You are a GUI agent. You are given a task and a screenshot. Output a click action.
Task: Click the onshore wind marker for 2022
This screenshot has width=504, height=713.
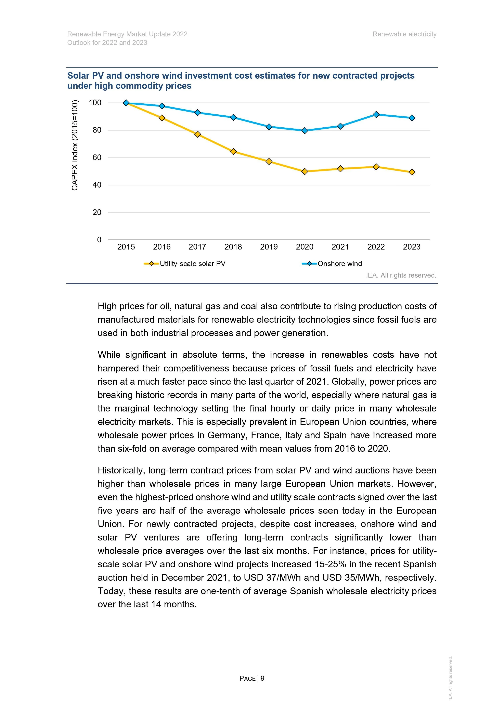pyautogui.click(x=376, y=115)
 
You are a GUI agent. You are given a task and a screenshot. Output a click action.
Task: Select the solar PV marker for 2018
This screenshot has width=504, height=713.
pyautogui.click(x=233, y=152)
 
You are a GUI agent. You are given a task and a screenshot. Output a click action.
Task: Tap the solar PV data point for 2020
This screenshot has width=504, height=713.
pyautogui.click(x=305, y=171)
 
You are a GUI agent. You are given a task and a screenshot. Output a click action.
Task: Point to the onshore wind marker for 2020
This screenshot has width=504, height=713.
pyautogui.click(x=305, y=131)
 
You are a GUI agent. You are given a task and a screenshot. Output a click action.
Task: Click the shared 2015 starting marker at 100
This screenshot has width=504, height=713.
pyautogui.click(x=126, y=103)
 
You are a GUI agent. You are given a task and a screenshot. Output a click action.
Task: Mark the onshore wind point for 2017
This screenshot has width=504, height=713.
pyautogui.click(x=197, y=112)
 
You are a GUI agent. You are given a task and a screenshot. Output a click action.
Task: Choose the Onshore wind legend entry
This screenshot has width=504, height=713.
pyautogui.click(x=339, y=264)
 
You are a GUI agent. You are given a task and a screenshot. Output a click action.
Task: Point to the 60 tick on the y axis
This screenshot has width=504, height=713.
pyautogui.click(x=97, y=157)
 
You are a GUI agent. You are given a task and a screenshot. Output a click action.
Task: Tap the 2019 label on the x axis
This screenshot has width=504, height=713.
pyautogui.click(x=269, y=247)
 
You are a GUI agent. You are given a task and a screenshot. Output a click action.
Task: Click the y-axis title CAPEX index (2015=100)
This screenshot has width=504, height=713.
pyautogui.click(x=75, y=145)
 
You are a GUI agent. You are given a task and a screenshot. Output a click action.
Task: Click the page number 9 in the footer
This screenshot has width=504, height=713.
pyautogui.click(x=262, y=678)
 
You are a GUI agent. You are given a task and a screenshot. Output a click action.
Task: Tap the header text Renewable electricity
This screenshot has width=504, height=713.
pyautogui.click(x=404, y=34)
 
